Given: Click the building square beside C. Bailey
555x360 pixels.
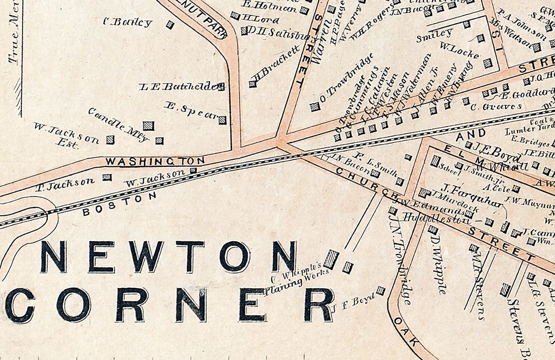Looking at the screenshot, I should click(x=170, y=25).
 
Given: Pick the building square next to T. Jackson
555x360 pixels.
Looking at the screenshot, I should click(x=107, y=177).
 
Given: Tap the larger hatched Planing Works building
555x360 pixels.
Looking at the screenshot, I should click(x=331, y=259).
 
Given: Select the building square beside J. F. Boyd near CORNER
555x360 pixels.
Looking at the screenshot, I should click(x=380, y=291).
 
